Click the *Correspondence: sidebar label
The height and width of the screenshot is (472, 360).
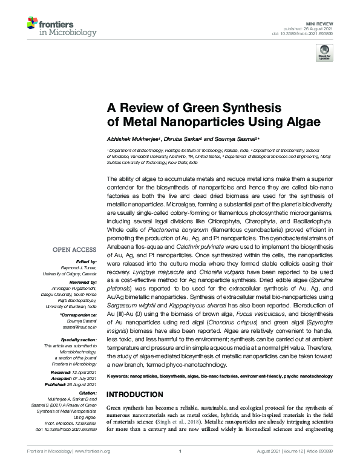[x=79, y=315]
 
